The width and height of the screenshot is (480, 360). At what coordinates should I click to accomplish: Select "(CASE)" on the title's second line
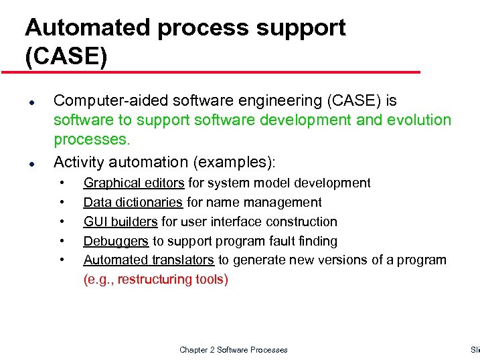coord(66,56)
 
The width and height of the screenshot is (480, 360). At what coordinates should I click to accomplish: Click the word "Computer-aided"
coord(107,101)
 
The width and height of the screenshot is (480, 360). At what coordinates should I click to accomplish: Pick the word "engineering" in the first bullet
coord(276,101)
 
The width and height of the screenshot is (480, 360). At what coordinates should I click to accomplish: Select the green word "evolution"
coord(415,120)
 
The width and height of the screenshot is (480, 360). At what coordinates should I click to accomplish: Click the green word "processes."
coord(91,141)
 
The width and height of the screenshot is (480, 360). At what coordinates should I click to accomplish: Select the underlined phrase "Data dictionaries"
coord(133,202)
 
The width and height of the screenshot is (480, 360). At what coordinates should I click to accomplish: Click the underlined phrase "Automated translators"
coord(149,260)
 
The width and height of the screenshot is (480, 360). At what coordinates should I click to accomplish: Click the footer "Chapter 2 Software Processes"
coord(233,350)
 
